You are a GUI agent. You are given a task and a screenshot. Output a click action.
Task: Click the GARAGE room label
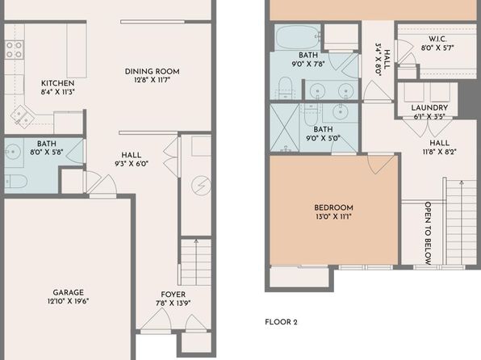click(x=68, y=292)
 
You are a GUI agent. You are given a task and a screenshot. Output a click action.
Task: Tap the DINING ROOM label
click(x=153, y=72)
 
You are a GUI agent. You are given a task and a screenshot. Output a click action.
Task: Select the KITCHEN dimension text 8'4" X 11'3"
click(x=58, y=92)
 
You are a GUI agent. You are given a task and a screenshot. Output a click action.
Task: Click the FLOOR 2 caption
click(x=281, y=322)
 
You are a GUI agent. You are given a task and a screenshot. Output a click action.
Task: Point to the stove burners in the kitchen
click(x=14, y=50)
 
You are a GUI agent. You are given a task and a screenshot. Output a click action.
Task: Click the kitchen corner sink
click(x=22, y=116)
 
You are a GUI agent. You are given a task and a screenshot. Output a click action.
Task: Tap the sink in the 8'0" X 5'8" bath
click(x=13, y=152)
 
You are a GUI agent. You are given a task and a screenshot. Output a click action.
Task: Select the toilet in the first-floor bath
click(x=16, y=181)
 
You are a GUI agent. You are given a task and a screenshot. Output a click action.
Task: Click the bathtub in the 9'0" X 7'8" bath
click(x=297, y=37)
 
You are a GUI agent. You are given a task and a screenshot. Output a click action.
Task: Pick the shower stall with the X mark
click(x=284, y=128)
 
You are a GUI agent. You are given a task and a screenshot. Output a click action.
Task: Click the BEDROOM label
click(x=333, y=207)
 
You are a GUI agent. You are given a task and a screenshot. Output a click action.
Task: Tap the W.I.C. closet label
click(x=437, y=40)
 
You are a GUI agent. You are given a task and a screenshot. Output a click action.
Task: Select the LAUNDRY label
click(x=429, y=107)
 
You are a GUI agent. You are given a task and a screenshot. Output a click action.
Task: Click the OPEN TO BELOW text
click(x=428, y=233)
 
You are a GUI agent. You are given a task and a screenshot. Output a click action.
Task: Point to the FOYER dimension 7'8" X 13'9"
click(x=174, y=303)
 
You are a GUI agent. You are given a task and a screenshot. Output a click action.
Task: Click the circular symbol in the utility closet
click(x=201, y=186)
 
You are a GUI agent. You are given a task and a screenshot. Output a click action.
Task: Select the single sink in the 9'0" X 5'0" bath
click(x=341, y=111)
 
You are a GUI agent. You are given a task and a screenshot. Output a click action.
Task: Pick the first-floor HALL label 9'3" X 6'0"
click(x=132, y=159)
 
